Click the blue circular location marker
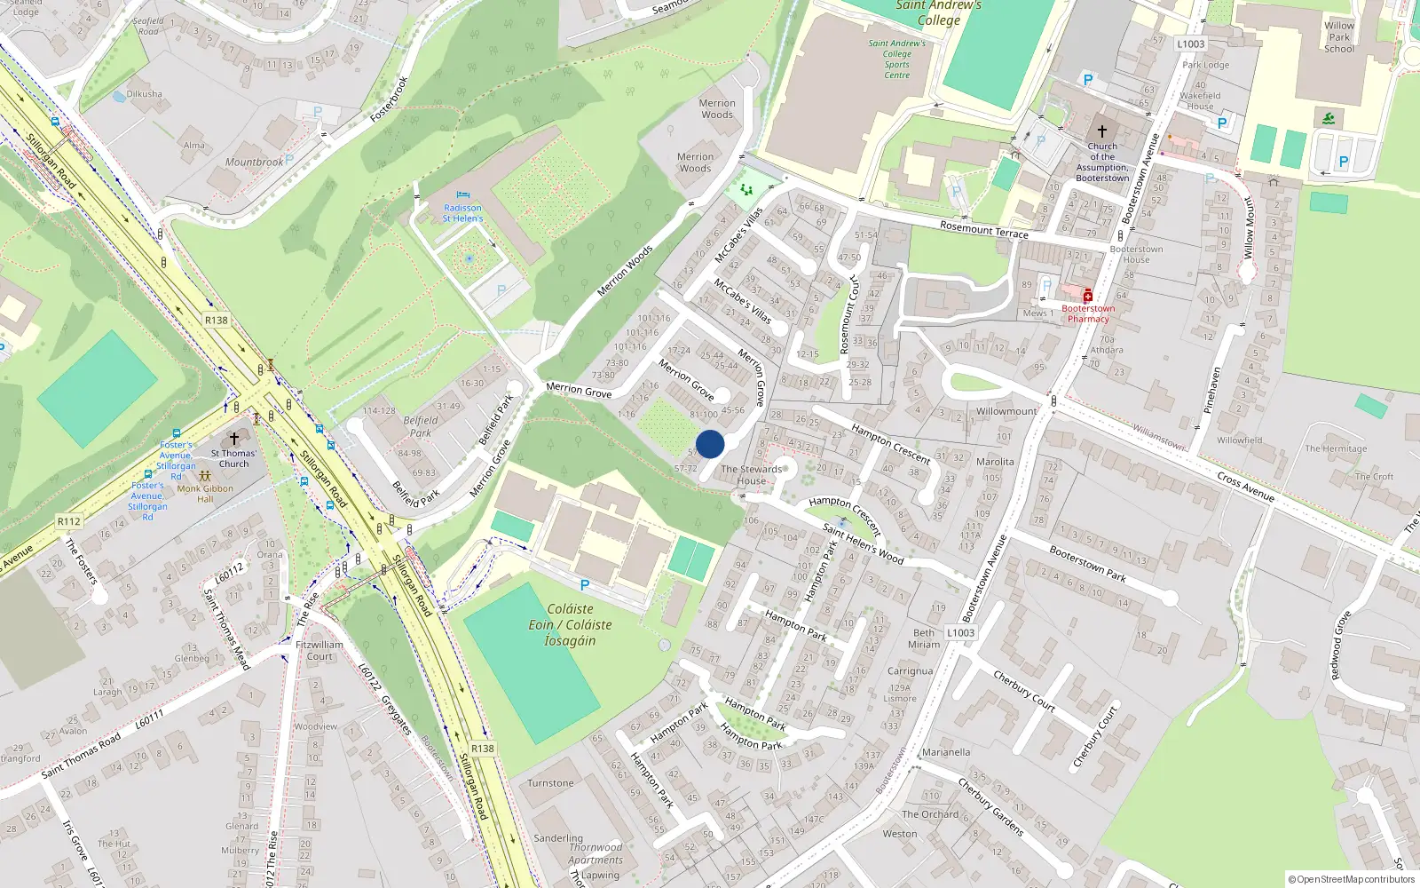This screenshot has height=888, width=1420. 710,444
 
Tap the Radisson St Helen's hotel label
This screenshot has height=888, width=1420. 462,213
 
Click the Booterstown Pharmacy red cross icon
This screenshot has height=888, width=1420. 1087,297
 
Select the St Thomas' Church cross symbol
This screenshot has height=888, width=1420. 234,439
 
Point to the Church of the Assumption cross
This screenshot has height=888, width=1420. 1102,131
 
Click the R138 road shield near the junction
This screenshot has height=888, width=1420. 216,321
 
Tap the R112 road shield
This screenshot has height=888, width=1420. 68,521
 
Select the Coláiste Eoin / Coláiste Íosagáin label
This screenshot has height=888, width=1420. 570,624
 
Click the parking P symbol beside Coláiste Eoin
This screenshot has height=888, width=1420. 584,585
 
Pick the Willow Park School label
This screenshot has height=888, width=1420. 1339,37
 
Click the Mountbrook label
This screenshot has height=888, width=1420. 254,163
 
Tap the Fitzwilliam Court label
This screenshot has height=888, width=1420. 319,651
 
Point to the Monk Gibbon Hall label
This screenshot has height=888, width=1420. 205,493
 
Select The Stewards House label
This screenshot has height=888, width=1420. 752,475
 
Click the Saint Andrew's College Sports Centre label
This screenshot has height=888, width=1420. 896,59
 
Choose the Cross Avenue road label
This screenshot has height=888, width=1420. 1245,486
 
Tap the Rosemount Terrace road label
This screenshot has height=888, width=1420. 983,231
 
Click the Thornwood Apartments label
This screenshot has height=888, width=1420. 596,853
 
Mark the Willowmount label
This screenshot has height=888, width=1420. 1006,411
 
